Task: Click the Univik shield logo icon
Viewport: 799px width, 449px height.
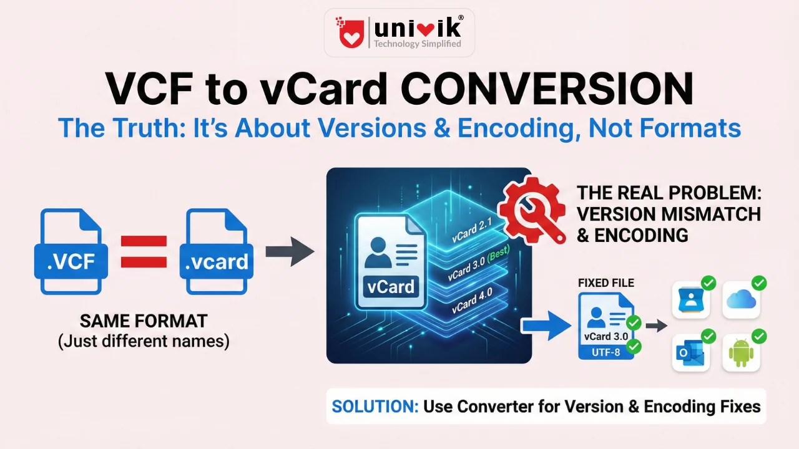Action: pyautogui.click(x=351, y=33)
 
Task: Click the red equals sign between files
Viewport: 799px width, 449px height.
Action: pyautogui.click(x=144, y=251)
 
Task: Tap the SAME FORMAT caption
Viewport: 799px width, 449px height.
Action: pyautogui.click(x=143, y=322)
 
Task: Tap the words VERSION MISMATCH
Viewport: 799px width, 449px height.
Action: pyautogui.click(x=668, y=214)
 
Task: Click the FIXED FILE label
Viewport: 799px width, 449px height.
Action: pyautogui.click(x=605, y=283)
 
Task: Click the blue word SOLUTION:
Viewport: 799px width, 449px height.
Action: pyautogui.click(x=375, y=407)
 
